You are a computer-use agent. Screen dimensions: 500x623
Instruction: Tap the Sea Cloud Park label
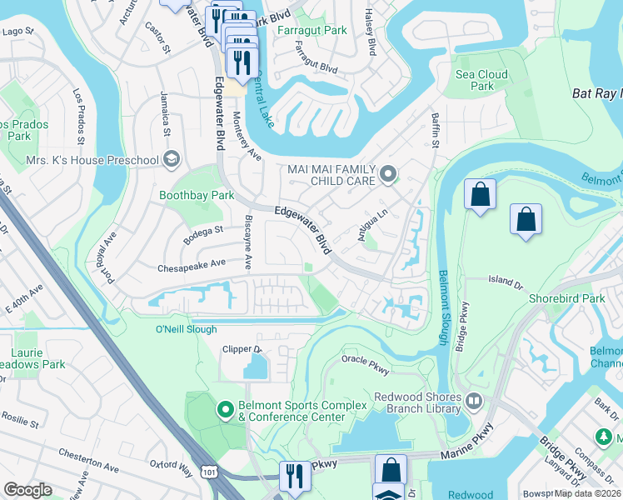(481, 80)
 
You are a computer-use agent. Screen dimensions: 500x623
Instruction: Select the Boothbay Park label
(197, 195)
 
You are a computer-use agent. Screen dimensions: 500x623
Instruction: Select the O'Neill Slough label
(187, 329)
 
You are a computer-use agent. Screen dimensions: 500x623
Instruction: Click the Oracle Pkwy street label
(372, 359)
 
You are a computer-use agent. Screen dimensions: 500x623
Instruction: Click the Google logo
(27, 490)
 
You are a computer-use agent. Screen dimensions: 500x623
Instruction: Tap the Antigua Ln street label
(372, 226)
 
